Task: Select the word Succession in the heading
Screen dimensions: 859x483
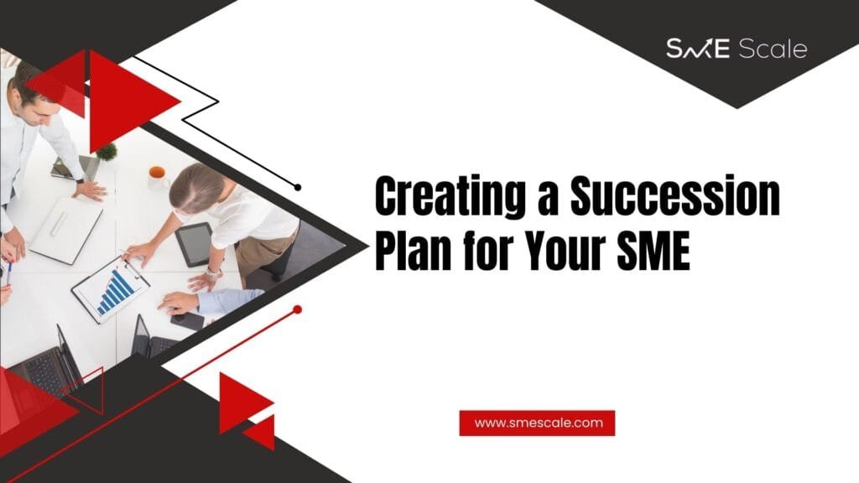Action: [675, 195]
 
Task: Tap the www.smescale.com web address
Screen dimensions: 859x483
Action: [538, 423]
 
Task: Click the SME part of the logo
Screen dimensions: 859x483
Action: [697, 49]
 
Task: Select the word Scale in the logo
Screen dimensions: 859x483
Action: [773, 49]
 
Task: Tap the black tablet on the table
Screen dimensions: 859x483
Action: [194, 244]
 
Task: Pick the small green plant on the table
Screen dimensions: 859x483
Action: [107, 151]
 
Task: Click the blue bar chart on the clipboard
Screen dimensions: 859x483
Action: [115, 293]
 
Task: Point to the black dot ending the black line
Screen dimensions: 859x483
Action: [298, 187]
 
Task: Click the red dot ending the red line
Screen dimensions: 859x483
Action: [298, 310]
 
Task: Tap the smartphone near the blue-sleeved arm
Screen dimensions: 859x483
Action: [187, 320]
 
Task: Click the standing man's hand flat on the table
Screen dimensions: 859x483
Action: [91, 190]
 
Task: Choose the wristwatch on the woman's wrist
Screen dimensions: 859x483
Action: [213, 273]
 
